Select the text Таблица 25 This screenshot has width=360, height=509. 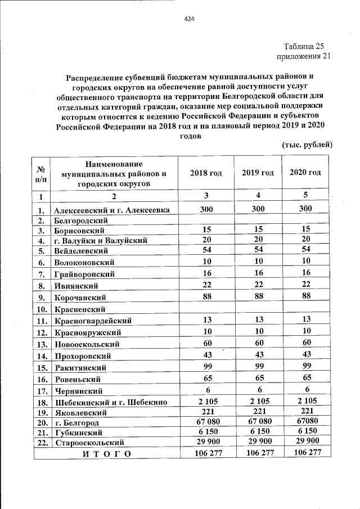click(304, 46)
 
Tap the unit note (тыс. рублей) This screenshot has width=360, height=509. click(307, 145)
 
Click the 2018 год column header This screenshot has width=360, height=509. click(206, 173)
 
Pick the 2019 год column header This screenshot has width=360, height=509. click(258, 173)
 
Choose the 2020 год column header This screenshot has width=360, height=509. click(305, 173)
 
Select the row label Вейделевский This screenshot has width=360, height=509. click(81, 250)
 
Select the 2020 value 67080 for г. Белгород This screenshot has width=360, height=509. click(305, 421)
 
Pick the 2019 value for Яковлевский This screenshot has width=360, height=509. click(258, 411)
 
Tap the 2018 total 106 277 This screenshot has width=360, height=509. click(206, 453)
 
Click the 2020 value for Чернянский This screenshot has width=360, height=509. click(305, 389)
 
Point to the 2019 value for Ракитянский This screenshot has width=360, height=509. click(258, 366)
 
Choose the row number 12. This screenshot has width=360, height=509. click(41, 333)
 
